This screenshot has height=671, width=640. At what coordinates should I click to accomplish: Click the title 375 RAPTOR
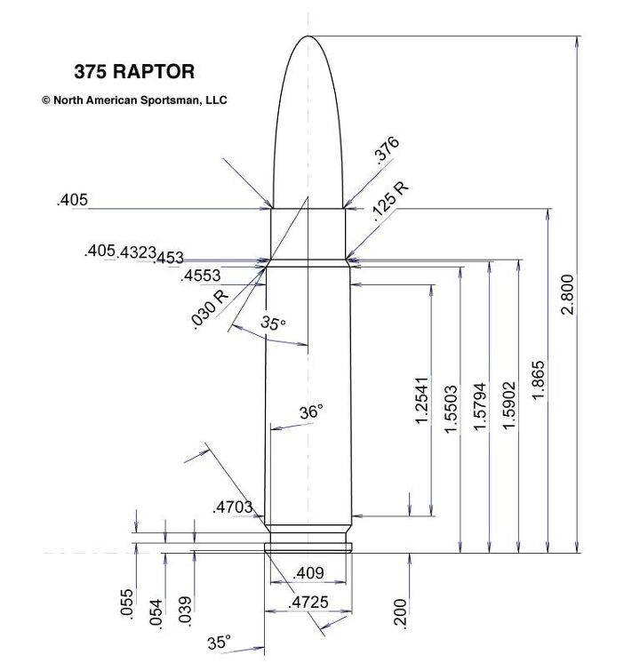[133, 72]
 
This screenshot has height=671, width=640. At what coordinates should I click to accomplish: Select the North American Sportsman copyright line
[134, 100]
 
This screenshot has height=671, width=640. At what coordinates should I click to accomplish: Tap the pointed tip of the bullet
[308, 37]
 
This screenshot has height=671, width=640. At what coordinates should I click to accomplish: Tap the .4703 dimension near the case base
[233, 507]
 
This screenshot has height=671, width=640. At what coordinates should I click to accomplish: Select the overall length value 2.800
[569, 294]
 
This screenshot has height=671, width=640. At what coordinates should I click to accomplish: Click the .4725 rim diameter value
[308, 603]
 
